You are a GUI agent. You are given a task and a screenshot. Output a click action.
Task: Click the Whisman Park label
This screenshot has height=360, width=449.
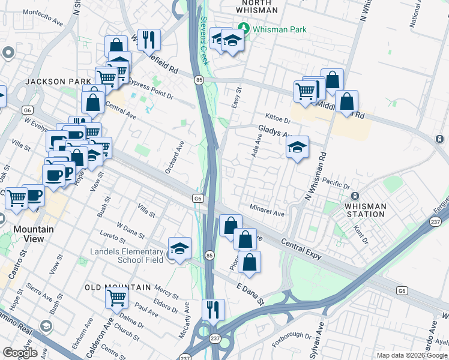280,29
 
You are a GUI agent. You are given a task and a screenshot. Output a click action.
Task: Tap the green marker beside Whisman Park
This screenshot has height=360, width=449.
244,28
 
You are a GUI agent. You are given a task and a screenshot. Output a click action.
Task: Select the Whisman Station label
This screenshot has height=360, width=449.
366,210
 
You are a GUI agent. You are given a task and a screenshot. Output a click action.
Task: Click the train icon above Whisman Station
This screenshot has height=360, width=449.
355,197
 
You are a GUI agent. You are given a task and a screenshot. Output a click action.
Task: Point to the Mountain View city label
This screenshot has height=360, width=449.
34,234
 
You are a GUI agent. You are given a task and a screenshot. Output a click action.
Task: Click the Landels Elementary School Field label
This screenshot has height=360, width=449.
127,256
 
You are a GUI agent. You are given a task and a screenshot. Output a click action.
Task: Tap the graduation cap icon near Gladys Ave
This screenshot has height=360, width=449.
297,147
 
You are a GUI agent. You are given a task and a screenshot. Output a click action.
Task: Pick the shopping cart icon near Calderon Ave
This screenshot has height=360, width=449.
116,296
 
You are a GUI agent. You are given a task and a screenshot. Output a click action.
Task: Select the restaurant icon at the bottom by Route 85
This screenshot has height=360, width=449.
213,309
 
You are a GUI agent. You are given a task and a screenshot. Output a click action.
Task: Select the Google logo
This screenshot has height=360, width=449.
20,353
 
